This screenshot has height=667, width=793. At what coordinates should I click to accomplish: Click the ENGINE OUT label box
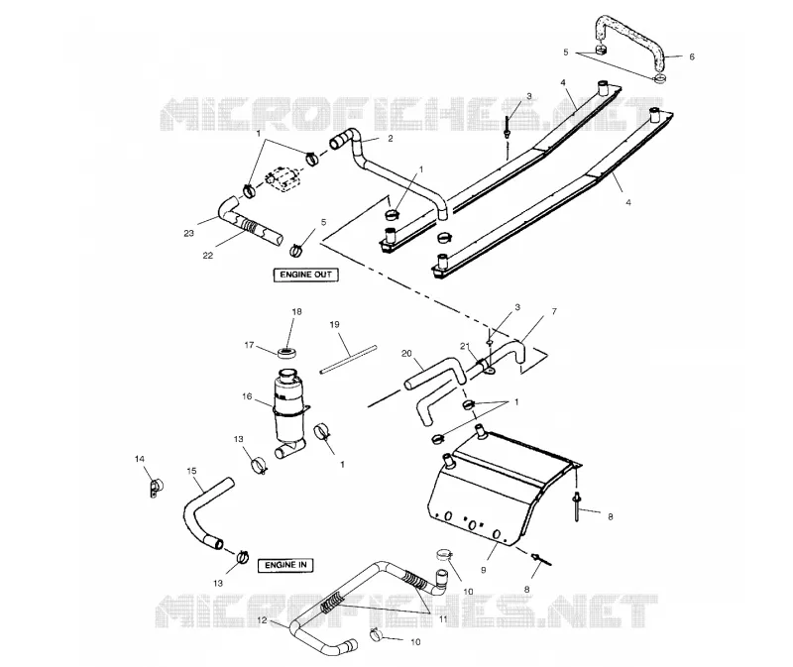(x=306, y=275)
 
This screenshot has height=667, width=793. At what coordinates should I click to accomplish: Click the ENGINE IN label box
(x=285, y=565)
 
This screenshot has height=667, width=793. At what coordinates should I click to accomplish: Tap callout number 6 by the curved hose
(x=692, y=57)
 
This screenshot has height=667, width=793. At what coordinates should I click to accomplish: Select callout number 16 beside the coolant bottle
(x=247, y=396)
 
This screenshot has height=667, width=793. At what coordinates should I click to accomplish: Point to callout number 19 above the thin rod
(x=334, y=325)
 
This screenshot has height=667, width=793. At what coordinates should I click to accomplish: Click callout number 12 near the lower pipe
(x=262, y=620)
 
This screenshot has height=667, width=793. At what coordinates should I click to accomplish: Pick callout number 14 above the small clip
(x=140, y=459)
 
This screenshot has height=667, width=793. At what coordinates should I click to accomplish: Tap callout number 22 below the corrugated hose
(x=208, y=256)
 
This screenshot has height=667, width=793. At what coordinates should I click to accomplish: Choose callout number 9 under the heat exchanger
(x=484, y=570)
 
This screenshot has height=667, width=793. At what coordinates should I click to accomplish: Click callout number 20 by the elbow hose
(x=406, y=354)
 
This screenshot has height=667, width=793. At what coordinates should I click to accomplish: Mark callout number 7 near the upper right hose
(x=554, y=311)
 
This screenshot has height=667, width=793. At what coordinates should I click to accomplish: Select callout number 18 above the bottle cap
(x=296, y=311)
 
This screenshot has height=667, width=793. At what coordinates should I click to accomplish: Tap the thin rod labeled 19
(x=349, y=360)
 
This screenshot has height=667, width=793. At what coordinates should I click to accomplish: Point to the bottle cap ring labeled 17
(x=286, y=352)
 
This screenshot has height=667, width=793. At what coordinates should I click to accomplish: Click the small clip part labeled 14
(x=155, y=488)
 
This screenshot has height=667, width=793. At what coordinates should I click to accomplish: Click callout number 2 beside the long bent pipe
(x=390, y=138)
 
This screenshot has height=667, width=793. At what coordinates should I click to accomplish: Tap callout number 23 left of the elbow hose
(x=188, y=234)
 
